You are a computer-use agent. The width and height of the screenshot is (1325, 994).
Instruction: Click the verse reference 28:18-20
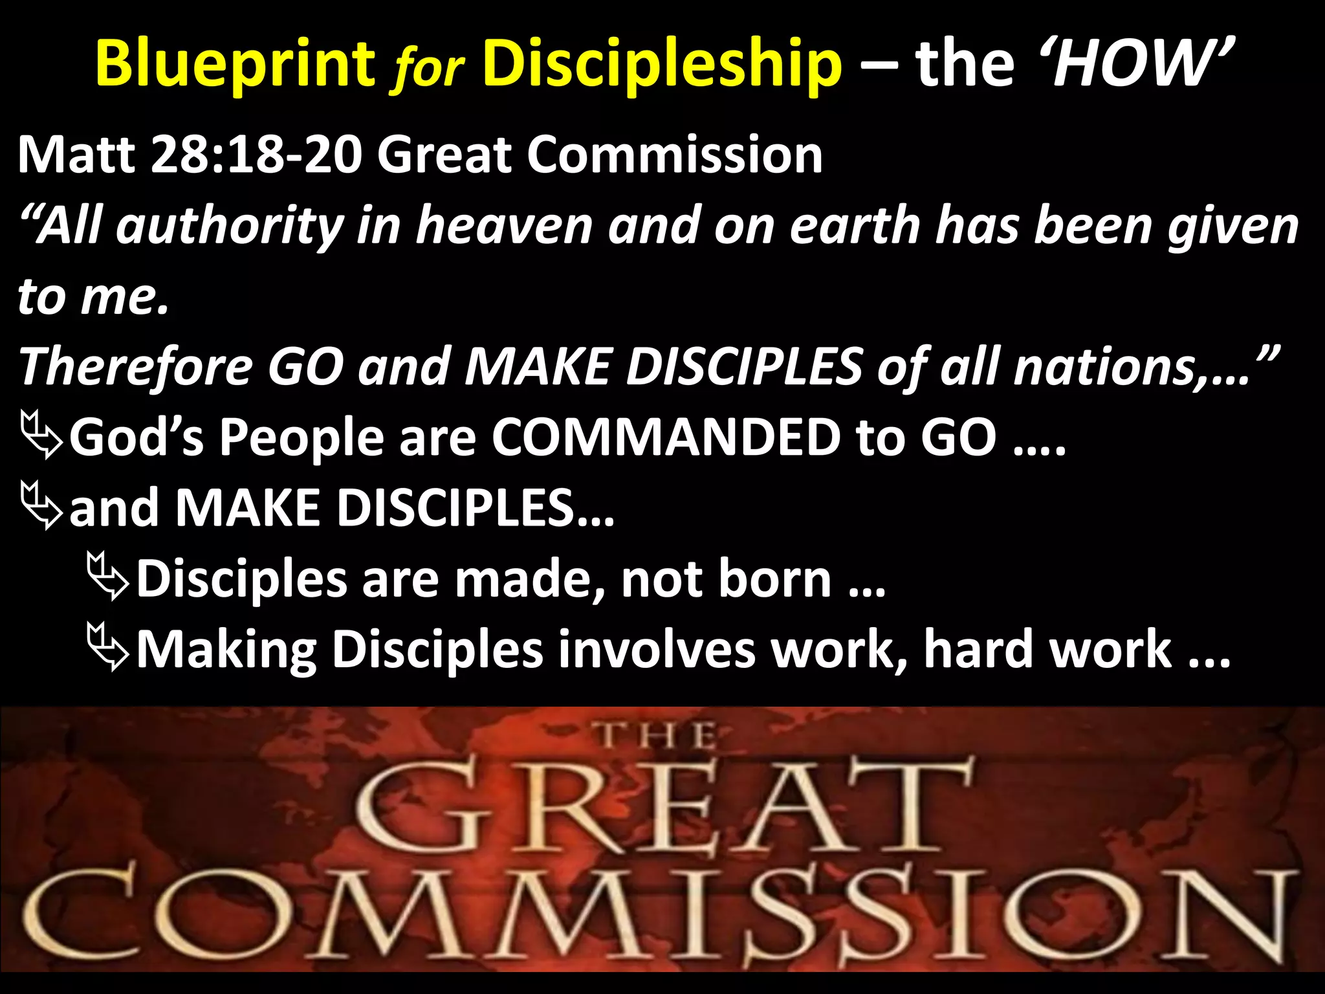pos(256,155)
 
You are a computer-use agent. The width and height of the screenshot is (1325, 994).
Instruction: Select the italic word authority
pos(230,226)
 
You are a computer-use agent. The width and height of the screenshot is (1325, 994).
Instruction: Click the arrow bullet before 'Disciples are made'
pos(109,579)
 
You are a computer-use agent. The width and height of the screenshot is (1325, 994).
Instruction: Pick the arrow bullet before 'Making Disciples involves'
pos(109,650)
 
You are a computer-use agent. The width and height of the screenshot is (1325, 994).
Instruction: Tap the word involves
pos(656,650)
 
